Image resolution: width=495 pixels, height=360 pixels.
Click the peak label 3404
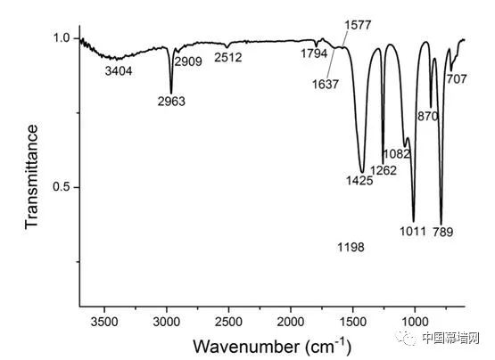119,71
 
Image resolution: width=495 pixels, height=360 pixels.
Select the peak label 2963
171,102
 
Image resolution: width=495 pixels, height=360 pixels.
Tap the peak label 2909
188,61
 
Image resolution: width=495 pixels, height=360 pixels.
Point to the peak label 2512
228,57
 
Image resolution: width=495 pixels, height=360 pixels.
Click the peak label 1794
314,53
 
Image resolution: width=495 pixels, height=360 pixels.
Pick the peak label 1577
358,25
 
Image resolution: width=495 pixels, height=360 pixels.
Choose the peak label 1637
326,85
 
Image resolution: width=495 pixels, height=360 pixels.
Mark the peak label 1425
359,181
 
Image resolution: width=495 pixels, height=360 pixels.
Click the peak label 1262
384,170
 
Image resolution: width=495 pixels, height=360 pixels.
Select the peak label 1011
413,232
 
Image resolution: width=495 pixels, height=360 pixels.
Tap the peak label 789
443,232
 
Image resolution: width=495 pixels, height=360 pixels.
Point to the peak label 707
457,79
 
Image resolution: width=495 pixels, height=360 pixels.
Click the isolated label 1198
351,247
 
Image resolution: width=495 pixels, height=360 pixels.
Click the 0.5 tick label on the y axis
62,187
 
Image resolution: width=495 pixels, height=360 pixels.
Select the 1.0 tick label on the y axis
62,38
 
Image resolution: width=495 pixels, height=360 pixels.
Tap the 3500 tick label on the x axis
104,323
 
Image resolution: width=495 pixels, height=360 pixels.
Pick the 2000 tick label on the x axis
291,323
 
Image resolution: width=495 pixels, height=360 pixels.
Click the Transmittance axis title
31,176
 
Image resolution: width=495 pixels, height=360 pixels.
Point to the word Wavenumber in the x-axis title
246,347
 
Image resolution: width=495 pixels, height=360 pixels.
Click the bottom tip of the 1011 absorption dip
414,222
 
